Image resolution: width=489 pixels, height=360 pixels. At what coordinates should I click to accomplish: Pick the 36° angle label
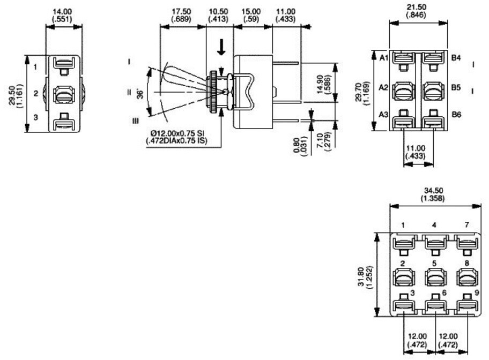[140, 94]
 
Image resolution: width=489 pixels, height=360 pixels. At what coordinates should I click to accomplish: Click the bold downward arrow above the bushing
[221, 47]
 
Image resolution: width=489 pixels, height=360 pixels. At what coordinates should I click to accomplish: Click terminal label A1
[383, 58]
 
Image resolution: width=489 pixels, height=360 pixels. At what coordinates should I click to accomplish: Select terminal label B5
[456, 87]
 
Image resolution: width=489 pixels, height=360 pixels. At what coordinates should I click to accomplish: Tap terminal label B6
[456, 115]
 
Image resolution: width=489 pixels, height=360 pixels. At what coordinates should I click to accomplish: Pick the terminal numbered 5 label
[434, 264]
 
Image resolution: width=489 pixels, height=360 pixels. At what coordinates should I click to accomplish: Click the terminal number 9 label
[477, 292]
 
